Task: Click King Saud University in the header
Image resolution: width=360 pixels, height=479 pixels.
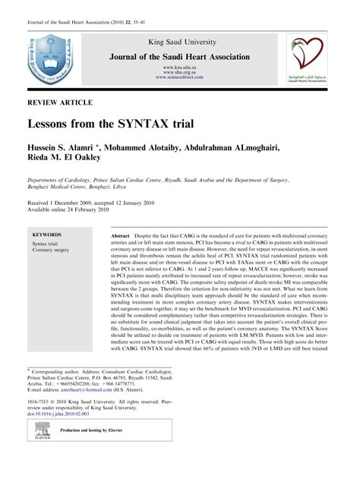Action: click(181, 43)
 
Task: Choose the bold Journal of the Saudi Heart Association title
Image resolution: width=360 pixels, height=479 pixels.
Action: click(181, 56)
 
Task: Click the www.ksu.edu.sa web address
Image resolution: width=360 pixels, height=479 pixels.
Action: click(181, 67)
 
